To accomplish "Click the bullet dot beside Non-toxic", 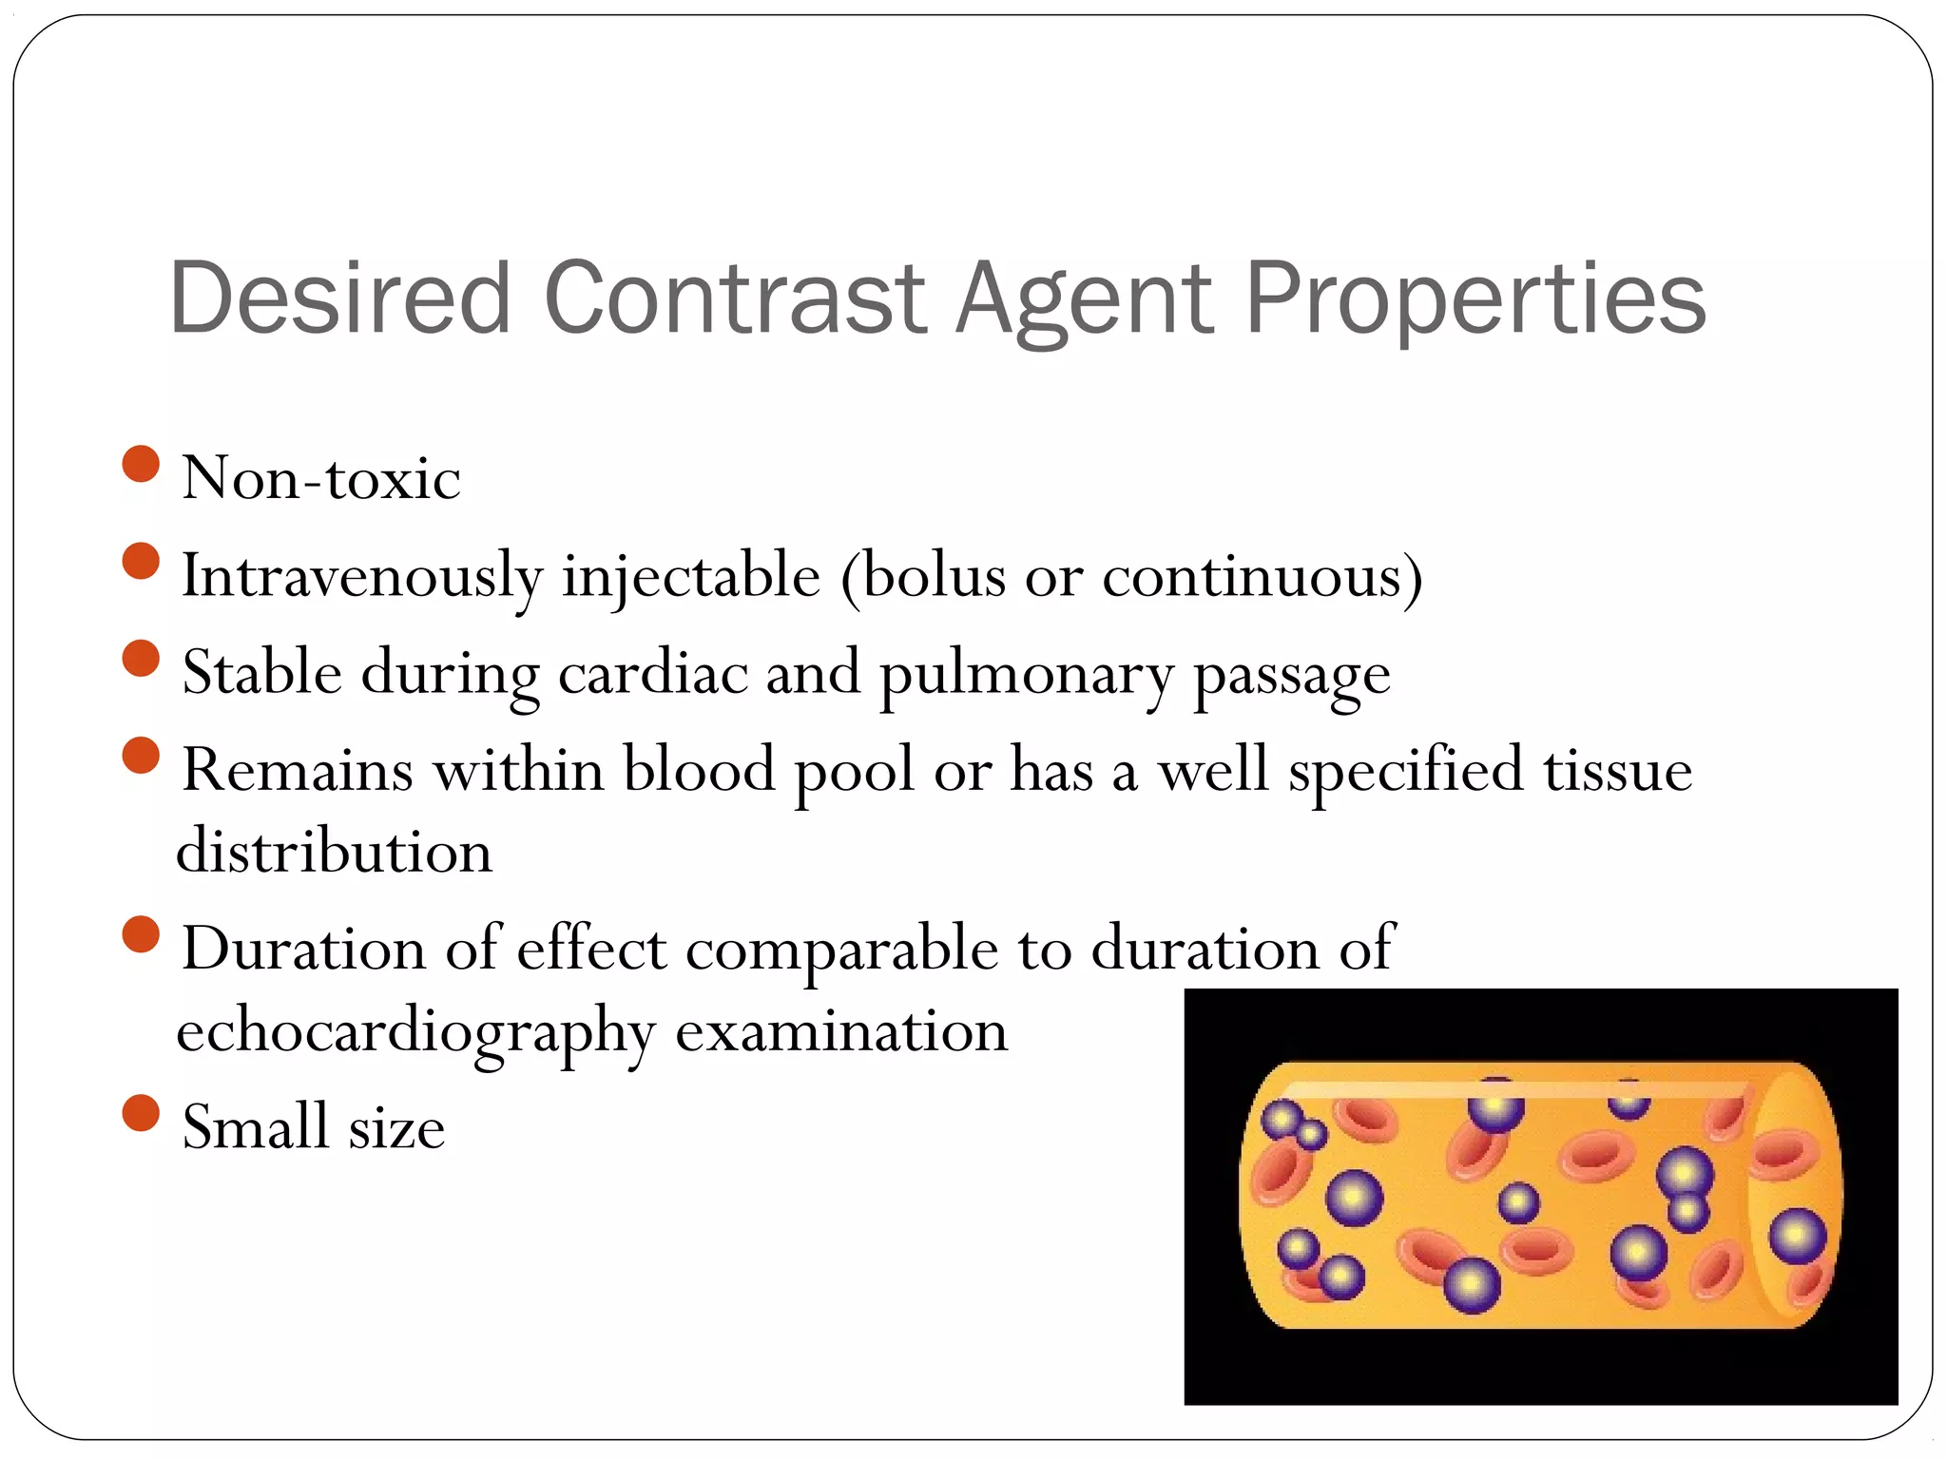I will coord(141,464).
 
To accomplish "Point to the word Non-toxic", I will coord(321,477).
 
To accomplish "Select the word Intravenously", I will coord(362,577).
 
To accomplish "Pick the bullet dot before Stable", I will coord(141,659).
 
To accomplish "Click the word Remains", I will coord(298,769).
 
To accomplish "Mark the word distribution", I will coord(335,851).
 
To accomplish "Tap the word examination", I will coord(841,1031).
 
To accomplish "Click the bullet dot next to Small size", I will coord(141,1113).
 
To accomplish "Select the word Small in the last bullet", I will coord(255,1127).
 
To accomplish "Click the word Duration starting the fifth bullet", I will coord(303,949).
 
